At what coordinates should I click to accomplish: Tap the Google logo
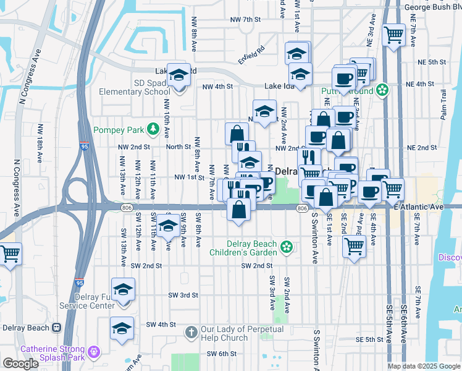(20, 364)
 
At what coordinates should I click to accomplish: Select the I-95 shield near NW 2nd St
(83, 146)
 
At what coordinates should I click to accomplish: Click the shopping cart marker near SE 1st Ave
(354, 247)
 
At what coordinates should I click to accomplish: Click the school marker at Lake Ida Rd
(178, 76)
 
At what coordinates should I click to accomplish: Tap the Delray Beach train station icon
(57, 328)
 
